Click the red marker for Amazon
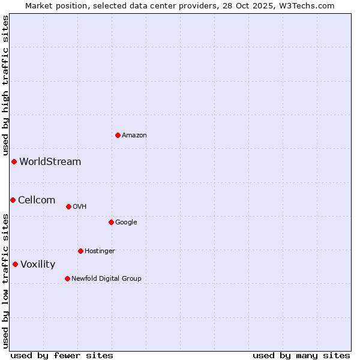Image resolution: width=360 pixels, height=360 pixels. pyautogui.click(x=118, y=135)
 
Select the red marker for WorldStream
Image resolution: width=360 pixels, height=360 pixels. pyautogui.click(x=14, y=161)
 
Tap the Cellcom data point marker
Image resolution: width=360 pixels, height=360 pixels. pyautogui.click(x=13, y=200)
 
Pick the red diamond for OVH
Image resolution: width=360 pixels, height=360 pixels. pyautogui.click(x=68, y=206)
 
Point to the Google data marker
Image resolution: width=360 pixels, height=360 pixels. pyautogui.click(x=111, y=222)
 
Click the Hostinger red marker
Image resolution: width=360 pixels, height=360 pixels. pyautogui.click(x=80, y=251)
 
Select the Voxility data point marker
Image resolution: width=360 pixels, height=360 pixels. pyautogui.click(x=15, y=264)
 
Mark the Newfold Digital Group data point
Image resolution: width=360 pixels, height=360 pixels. pyautogui.click(x=67, y=278)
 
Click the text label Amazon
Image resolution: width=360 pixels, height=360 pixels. pyautogui.click(x=134, y=136)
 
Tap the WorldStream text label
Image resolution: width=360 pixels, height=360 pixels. pyautogui.click(x=50, y=162)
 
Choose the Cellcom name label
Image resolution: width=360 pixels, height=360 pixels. pyautogui.click(x=37, y=200)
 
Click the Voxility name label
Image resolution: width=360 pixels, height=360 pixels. pyautogui.click(x=38, y=265)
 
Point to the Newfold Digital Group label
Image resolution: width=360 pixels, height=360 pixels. pyautogui.click(x=106, y=278)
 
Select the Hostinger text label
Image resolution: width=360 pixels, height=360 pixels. pyautogui.click(x=100, y=251)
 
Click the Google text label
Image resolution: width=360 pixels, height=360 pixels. pyautogui.click(x=126, y=223)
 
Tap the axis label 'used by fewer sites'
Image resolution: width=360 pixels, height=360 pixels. pyautogui.click(x=62, y=355)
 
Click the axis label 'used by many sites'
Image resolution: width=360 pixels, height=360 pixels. pyautogui.click(x=301, y=355)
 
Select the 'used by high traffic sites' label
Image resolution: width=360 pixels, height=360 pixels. pyautogui.click(x=5, y=86)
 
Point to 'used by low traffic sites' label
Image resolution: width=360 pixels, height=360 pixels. pyautogui.click(x=5, y=281)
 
